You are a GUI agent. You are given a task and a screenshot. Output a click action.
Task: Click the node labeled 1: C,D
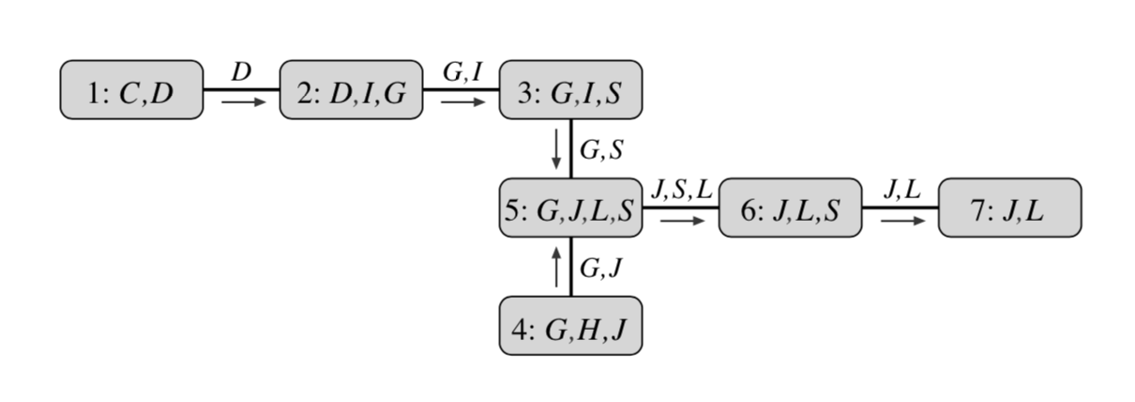131,90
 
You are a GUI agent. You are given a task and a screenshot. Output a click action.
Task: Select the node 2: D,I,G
351,90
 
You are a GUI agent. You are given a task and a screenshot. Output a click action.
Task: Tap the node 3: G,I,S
570,90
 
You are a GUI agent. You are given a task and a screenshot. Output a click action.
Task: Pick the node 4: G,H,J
570,325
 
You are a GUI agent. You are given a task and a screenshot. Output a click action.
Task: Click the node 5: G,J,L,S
570,208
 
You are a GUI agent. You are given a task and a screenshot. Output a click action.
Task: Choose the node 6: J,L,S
790,208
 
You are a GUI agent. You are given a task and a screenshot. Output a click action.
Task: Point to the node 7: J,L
1009,208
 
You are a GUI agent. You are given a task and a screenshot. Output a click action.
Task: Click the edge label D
242,71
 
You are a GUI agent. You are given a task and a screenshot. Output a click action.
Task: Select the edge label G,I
462,71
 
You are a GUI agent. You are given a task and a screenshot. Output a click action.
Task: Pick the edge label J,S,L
682,189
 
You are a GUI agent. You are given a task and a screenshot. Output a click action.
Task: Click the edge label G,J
600,268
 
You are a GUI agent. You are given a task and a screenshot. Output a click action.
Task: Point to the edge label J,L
901,189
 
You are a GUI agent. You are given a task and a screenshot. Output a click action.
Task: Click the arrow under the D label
244,102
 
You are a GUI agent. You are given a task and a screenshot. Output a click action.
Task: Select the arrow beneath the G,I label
463,102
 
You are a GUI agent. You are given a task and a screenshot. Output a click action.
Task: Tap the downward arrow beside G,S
557,148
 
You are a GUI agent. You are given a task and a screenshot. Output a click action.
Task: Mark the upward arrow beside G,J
557,267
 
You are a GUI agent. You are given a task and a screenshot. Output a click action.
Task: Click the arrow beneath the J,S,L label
682,221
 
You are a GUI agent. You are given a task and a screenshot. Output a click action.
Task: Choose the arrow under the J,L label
901,221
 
